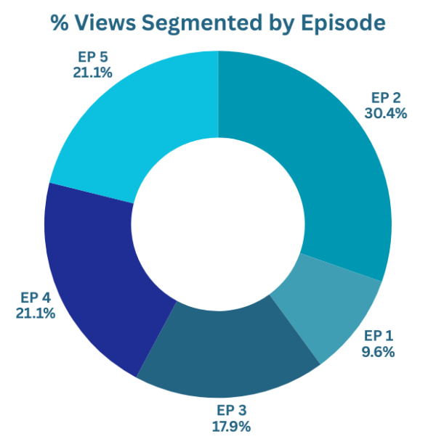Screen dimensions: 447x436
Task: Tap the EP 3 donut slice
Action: [225, 356]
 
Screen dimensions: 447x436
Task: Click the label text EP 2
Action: [387, 98]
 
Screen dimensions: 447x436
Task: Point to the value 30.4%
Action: [387, 113]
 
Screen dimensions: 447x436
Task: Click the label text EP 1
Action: [378, 335]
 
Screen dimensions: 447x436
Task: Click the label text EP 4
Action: [35, 297]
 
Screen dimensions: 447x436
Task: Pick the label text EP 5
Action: [92, 56]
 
